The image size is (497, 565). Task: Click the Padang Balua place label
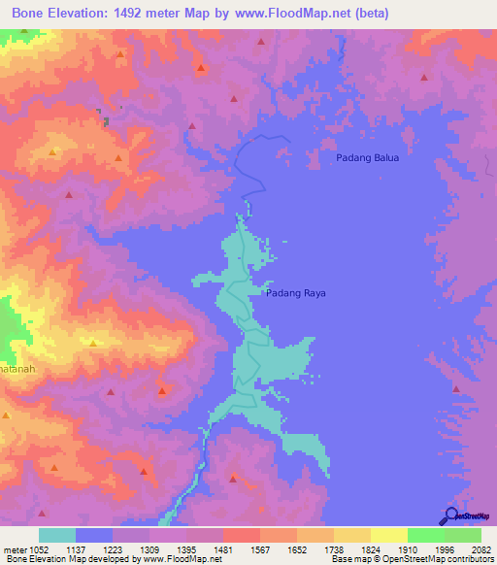pyautogui.click(x=367, y=157)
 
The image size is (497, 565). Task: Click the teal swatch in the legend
pyautogui.click(x=57, y=535)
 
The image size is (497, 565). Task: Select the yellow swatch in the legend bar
pyautogui.click(x=388, y=535)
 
